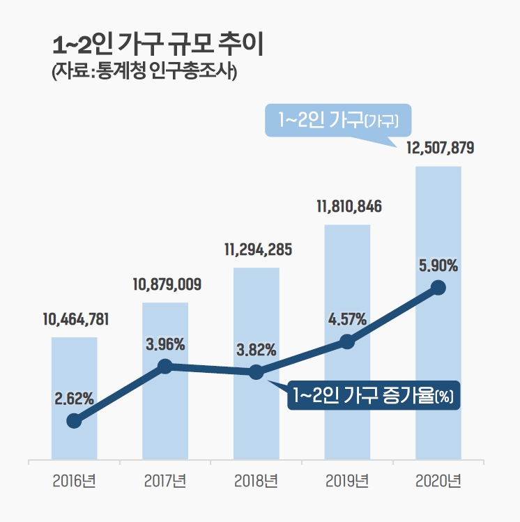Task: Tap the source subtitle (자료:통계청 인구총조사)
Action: (x=145, y=72)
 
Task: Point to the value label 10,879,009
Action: (x=167, y=284)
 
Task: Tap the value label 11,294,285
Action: (x=257, y=250)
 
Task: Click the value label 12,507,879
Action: (x=438, y=148)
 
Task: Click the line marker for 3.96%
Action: (x=165, y=366)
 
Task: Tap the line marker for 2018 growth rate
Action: (x=256, y=372)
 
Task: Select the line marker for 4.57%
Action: (x=347, y=341)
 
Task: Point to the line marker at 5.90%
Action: (x=438, y=287)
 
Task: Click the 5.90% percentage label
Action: (x=438, y=266)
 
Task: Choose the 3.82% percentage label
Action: (x=257, y=349)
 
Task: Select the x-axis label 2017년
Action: (x=165, y=481)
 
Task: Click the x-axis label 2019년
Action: (x=347, y=481)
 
